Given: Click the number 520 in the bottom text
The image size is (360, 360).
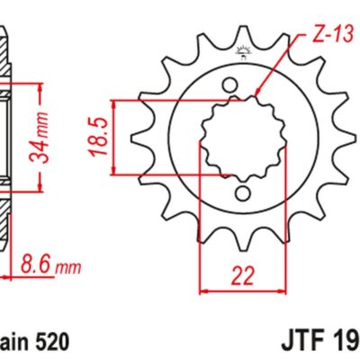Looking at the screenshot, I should click(x=49, y=343).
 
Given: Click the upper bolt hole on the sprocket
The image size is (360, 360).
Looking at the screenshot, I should click(x=235, y=83).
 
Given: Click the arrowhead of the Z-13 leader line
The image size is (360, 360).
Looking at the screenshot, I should click(x=257, y=94).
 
